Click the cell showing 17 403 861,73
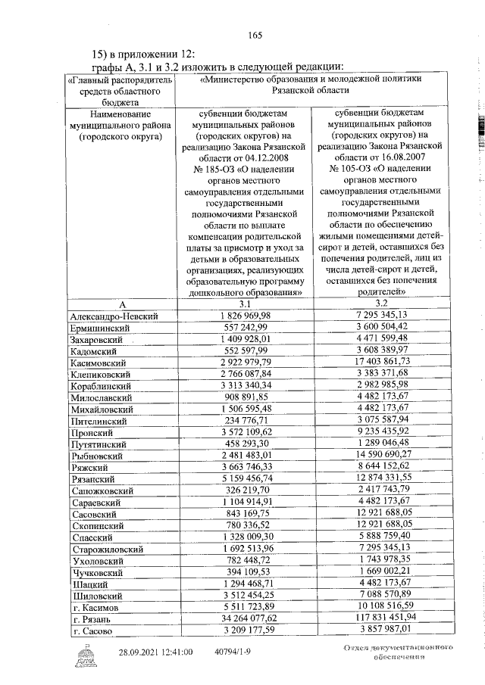coord(376,363)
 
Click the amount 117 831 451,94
coord(376,617)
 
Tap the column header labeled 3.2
coord(376,303)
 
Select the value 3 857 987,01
coord(376,629)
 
